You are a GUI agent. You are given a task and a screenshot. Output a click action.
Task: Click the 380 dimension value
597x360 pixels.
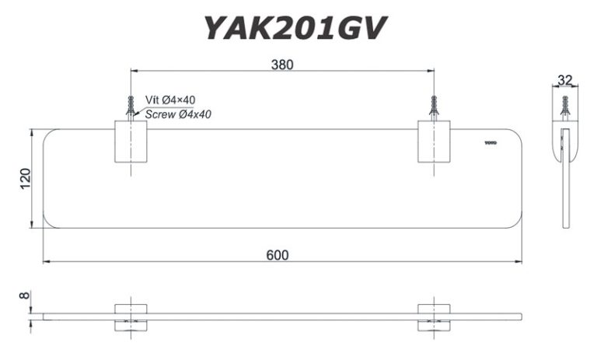click(x=282, y=65)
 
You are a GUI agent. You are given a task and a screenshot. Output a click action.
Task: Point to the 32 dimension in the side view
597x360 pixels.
click(x=564, y=79)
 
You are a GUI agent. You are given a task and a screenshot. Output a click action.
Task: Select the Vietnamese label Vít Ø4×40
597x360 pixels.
click(x=165, y=101)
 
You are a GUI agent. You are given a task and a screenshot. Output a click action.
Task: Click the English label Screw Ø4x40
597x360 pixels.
click(x=178, y=114)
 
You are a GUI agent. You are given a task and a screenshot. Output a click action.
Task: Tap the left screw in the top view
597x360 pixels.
click(x=131, y=107)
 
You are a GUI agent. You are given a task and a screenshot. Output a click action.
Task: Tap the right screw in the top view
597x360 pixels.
click(x=433, y=107)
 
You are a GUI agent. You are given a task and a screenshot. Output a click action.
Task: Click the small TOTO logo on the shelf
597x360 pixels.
click(x=490, y=142)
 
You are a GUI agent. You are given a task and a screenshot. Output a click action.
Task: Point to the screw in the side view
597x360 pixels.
click(x=565, y=106)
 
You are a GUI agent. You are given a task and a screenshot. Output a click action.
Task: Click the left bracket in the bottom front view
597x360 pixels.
click(x=131, y=316)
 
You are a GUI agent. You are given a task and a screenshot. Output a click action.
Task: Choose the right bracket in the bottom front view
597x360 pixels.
click(x=433, y=316)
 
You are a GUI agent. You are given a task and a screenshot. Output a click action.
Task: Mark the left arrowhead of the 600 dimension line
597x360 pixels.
click(x=46, y=262)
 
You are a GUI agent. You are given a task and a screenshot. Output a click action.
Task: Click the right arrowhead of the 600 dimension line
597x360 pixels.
click(x=518, y=262)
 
